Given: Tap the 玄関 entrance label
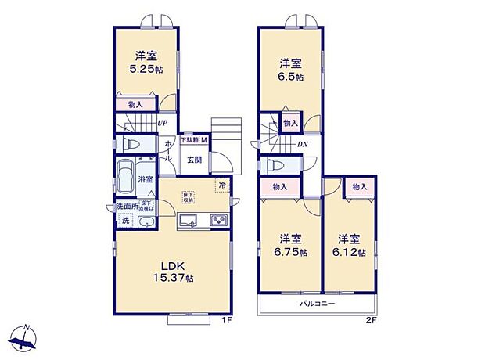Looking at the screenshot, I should [x=195, y=161].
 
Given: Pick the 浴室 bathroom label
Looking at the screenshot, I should [x=145, y=180].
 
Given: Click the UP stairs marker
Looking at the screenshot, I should [x=162, y=123].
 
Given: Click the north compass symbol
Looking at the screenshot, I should [x=26, y=339].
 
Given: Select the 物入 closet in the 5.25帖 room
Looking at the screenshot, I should [x=135, y=104].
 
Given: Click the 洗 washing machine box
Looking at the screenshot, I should [x=125, y=221].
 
